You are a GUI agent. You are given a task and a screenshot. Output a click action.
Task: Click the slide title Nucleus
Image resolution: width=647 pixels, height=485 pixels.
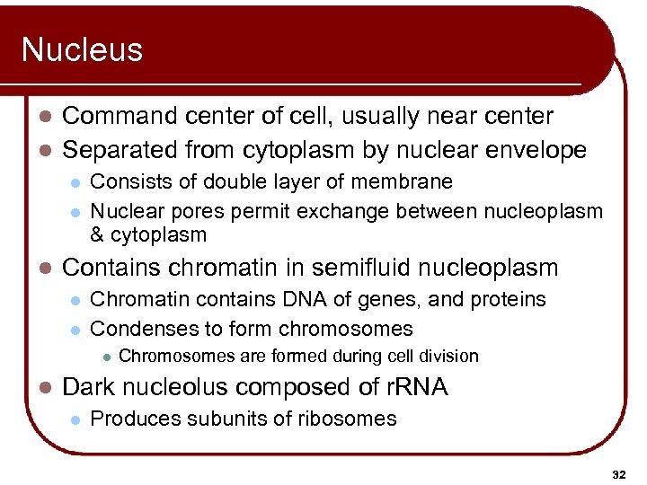tap(82, 49)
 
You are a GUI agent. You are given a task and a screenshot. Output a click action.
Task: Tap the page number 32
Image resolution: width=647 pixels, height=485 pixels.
tap(617, 473)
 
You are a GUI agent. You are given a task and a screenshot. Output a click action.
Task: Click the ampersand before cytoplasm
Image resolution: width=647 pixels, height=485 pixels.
tap(99, 235)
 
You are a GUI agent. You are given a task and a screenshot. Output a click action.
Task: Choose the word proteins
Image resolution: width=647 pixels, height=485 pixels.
tap(510, 299)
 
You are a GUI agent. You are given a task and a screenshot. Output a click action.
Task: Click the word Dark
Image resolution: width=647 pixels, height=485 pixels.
tap(88, 387)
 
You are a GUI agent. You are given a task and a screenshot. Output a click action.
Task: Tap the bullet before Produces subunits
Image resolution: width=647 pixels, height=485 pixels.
tap(76, 419)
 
